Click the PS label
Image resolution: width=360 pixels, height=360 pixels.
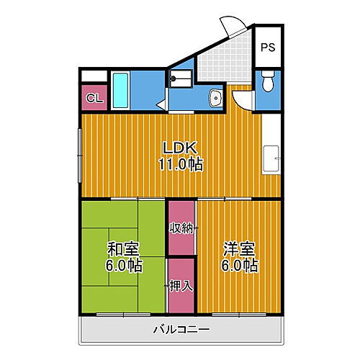tap(268, 48)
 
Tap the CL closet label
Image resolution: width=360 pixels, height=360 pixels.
tap(94, 98)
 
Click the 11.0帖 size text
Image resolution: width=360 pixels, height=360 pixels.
tap(180, 165)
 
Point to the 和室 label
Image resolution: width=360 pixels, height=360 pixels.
tap(124, 249)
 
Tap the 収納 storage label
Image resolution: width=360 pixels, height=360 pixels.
tap(181, 228)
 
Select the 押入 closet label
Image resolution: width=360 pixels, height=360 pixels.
tap(181, 286)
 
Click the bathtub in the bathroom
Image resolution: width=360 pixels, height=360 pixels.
tap(121, 91)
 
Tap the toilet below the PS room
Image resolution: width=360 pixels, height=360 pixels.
tap(268, 82)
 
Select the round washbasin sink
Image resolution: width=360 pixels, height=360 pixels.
tap(215, 98)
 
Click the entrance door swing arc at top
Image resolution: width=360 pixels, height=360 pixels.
tap(235, 27)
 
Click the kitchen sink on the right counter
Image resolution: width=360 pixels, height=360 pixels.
tap(271, 156)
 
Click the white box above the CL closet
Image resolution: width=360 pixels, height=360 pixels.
tap(94, 76)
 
